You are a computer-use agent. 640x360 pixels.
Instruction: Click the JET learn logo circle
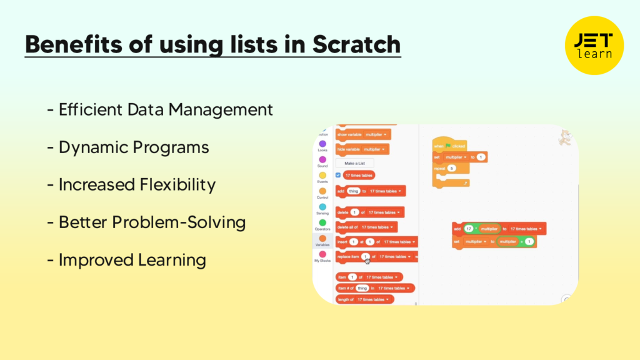tap(594, 45)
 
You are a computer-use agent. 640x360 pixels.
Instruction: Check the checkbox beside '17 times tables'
tap(338, 176)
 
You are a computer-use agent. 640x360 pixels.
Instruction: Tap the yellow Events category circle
tap(322, 176)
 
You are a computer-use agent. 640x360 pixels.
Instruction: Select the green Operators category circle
tap(322, 222)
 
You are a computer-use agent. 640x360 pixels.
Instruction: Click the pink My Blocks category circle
tap(322, 254)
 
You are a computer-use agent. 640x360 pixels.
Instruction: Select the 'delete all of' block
tap(366, 227)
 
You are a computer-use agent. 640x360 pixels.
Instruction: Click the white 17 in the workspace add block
tap(469, 229)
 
